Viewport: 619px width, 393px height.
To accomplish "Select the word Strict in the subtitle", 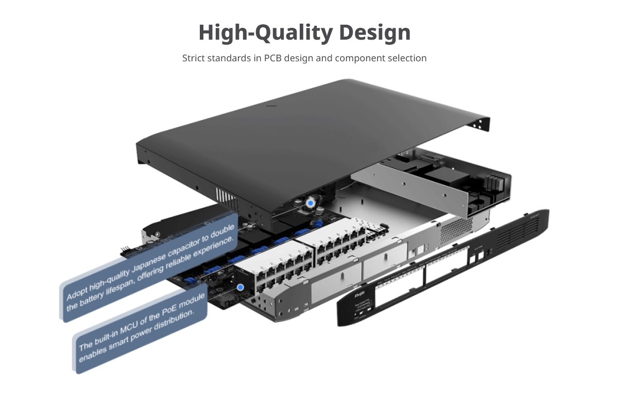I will pyautogui.click(x=194, y=58).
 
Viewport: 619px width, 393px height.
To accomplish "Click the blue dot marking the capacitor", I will pyautogui.click(x=310, y=204).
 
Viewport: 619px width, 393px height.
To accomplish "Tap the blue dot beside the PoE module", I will pyautogui.click(x=240, y=287).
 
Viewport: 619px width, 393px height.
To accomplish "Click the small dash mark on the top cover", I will pyautogui.click(x=271, y=107).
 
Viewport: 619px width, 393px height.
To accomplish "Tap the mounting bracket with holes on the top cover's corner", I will pyautogui.click(x=482, y=123).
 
